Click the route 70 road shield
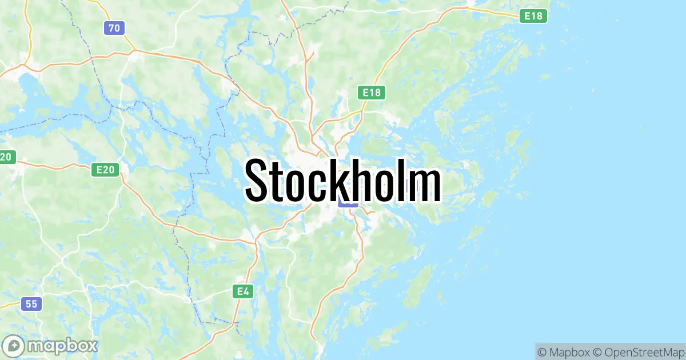tap(114, 27)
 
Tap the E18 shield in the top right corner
tap(533, 16)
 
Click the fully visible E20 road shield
tap(106, 169)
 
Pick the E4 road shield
tap(244, 291)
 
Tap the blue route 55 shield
tap(31, 304)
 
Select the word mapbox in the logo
tap(63, 346)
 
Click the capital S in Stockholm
tap(258, 180)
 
